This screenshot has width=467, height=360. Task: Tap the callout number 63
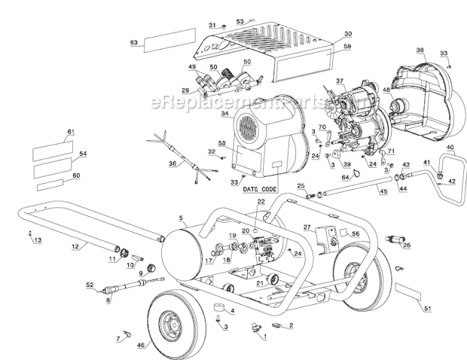pyautogui.click(x=133, y=43)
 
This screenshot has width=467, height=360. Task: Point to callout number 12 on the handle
pyautogui.click(x=75, y=246)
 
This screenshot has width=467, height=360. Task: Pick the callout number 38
pyautogui.click(x=420, y=50)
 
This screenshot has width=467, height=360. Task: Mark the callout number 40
pyautogui.click(x=450, y=147)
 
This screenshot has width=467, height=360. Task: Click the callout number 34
pyautogui.click(x=225, y=114)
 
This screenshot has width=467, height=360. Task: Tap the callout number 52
pyautogui.click(x=90, y=285)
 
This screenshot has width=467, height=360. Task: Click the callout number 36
pyautogui.click(x=172, y=163)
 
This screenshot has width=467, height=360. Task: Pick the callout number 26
pyautogui.click(x=407, y=245)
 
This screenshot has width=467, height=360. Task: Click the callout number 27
pyautogui.click(x=307, y=226)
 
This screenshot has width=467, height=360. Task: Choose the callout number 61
pyautogui.click(x=72, y=132)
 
